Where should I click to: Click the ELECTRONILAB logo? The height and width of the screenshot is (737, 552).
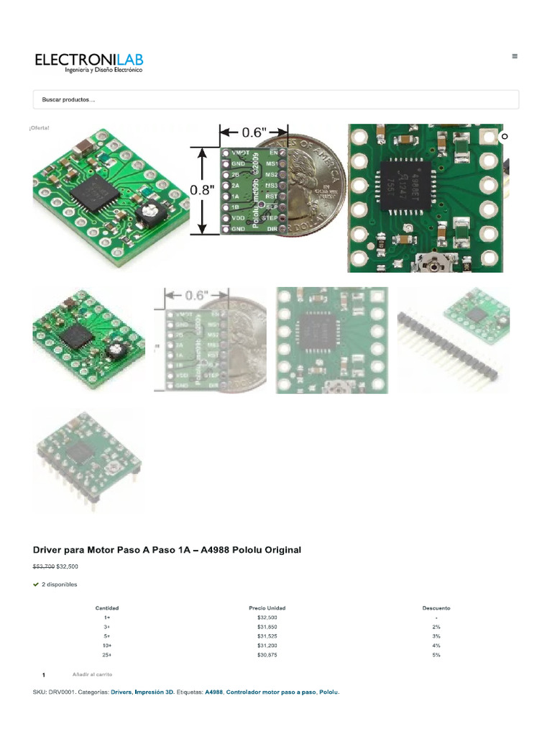pyautogui.click(x=89, y=62)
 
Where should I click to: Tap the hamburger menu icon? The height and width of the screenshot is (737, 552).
pyautogui.click(x=515, y=55)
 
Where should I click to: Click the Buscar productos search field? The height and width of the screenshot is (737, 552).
pyautogui.click(x=276, y=100)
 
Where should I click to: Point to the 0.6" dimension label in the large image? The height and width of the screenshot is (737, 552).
pyautogui.click(x=254, y=132)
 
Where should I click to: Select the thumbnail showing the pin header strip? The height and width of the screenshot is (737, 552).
pyautogui.click(x=453, y=340)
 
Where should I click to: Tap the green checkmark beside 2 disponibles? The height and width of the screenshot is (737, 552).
pyautogui.click(x=36, y=584)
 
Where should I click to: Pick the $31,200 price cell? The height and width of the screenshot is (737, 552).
pyautogui.click(x=267, y=646)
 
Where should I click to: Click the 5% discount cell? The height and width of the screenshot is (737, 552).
pyautogui.click(x=436, y=655)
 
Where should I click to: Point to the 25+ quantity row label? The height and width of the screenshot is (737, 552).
pyautogui.click(x=107, y=655)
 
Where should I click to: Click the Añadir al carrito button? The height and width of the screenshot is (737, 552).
pyautogui.click(x=92, y=674)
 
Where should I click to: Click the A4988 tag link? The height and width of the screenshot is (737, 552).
pyautogui.click(x=213, y=692)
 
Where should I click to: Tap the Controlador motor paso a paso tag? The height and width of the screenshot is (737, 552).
pyautogui.click(x=270, y=692)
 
